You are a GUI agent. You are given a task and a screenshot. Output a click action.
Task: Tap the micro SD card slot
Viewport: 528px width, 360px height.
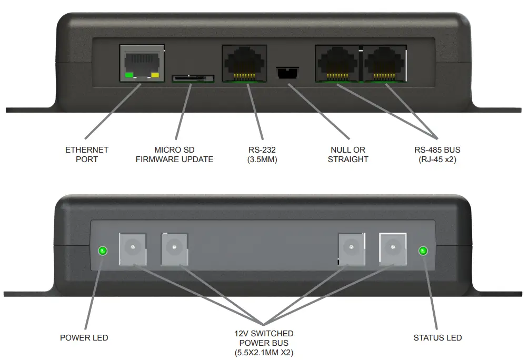coord(193,79)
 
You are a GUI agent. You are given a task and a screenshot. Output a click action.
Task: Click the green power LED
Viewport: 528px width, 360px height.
coord(103,251)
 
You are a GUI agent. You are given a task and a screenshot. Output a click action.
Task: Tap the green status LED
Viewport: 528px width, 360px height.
coord(422,251)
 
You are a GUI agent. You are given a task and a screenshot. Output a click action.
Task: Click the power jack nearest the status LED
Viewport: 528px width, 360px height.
coord(393,249)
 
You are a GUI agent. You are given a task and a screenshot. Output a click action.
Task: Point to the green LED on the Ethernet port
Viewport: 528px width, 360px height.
coord(128,76)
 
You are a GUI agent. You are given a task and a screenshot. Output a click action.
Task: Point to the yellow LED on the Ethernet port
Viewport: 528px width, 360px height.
coord(154,76)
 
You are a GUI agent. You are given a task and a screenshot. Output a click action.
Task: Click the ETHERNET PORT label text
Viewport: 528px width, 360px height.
coord(87,154)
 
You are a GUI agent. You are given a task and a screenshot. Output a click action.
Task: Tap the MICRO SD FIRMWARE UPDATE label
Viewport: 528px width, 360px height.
coord(174,154)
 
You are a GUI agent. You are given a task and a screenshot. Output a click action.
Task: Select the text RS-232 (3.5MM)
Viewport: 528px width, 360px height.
coord(262,154)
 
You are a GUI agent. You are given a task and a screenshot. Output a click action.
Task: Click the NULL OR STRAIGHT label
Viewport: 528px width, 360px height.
coord(348,154)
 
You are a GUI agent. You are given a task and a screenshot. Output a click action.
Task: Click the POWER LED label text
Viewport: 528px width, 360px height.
coord(84,337)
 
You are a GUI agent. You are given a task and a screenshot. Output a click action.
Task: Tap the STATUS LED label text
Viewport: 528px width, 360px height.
coord(437,337)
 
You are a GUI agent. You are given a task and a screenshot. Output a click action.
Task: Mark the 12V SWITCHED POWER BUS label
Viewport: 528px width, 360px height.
coord(264,343)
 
